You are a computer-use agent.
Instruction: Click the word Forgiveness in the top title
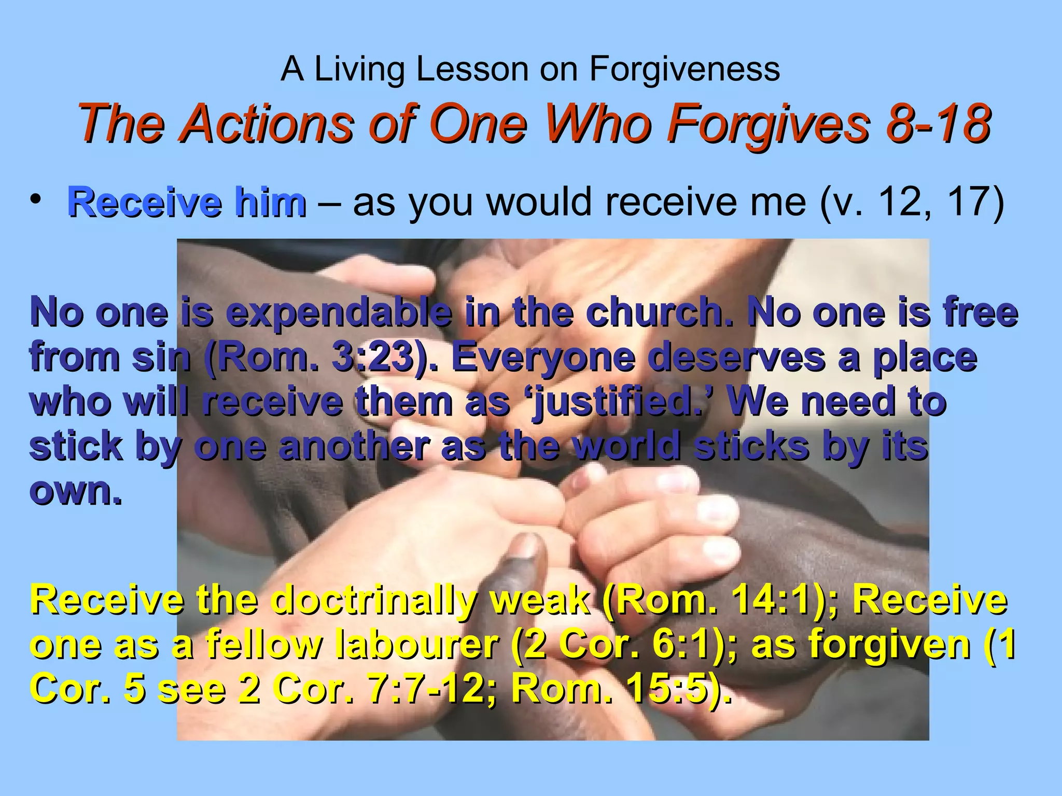684,69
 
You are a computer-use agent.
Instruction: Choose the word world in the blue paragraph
627,446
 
